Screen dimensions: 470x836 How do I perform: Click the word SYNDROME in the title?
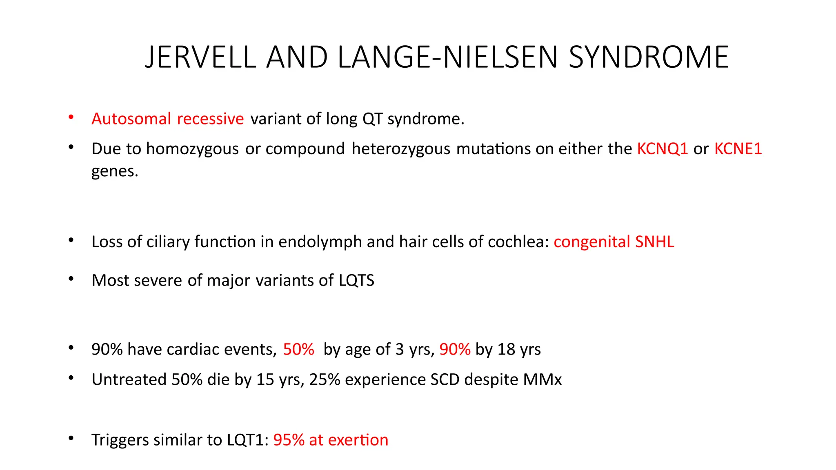click(649, 57)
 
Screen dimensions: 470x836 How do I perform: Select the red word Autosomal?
click(131, 119)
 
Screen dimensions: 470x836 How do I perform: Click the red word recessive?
click(210, 119)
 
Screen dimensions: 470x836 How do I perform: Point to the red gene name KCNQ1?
click(663, 149)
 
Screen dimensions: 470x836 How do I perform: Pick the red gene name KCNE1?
click(738, 149)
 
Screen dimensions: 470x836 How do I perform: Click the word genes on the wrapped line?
click(114, 171)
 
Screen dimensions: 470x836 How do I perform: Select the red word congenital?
click(592, 242)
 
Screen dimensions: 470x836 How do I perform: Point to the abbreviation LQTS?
click(356, 280)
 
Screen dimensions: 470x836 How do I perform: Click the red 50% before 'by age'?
click(298, 350)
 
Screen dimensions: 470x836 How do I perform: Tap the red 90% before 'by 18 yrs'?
click(455, 350)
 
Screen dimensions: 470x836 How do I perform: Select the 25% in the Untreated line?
click(325, 380)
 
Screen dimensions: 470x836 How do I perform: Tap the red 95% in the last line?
click(289, 440)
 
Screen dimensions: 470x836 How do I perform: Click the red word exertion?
click(358, 440)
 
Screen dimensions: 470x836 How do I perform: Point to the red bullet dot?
click(71, 117)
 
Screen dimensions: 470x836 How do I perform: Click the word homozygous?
click(192, 149)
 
